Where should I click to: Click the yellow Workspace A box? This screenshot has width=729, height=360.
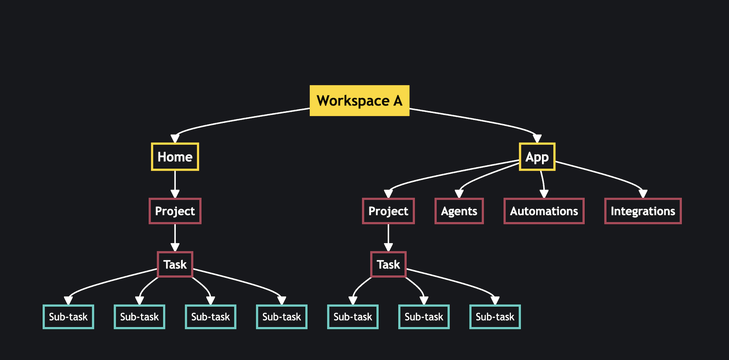click(359, 101)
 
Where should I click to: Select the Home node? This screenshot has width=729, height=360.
click(175, 157)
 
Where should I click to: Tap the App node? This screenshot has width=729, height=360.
click(537, 157)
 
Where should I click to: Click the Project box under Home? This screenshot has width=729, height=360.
click(175, 211)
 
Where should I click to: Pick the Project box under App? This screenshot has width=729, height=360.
click(388, 211)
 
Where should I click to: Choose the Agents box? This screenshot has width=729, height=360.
click(459, 211)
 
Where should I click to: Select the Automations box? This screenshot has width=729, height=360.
click(544, 211)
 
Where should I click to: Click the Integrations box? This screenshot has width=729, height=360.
click(643, 211)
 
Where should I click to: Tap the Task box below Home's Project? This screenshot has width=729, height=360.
click(175, 265)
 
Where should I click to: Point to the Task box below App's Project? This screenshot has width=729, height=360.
click(388, 265)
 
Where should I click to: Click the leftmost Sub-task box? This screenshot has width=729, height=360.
click(68, 317)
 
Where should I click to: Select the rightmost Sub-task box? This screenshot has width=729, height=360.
click(495, 317)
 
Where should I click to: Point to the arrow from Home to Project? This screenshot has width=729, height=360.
click(175, 183)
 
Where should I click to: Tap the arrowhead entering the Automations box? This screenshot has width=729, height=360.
click(544, 194)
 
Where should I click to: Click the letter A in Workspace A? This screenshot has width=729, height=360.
click(398, 100)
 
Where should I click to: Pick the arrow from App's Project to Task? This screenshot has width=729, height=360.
click(388, 237)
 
